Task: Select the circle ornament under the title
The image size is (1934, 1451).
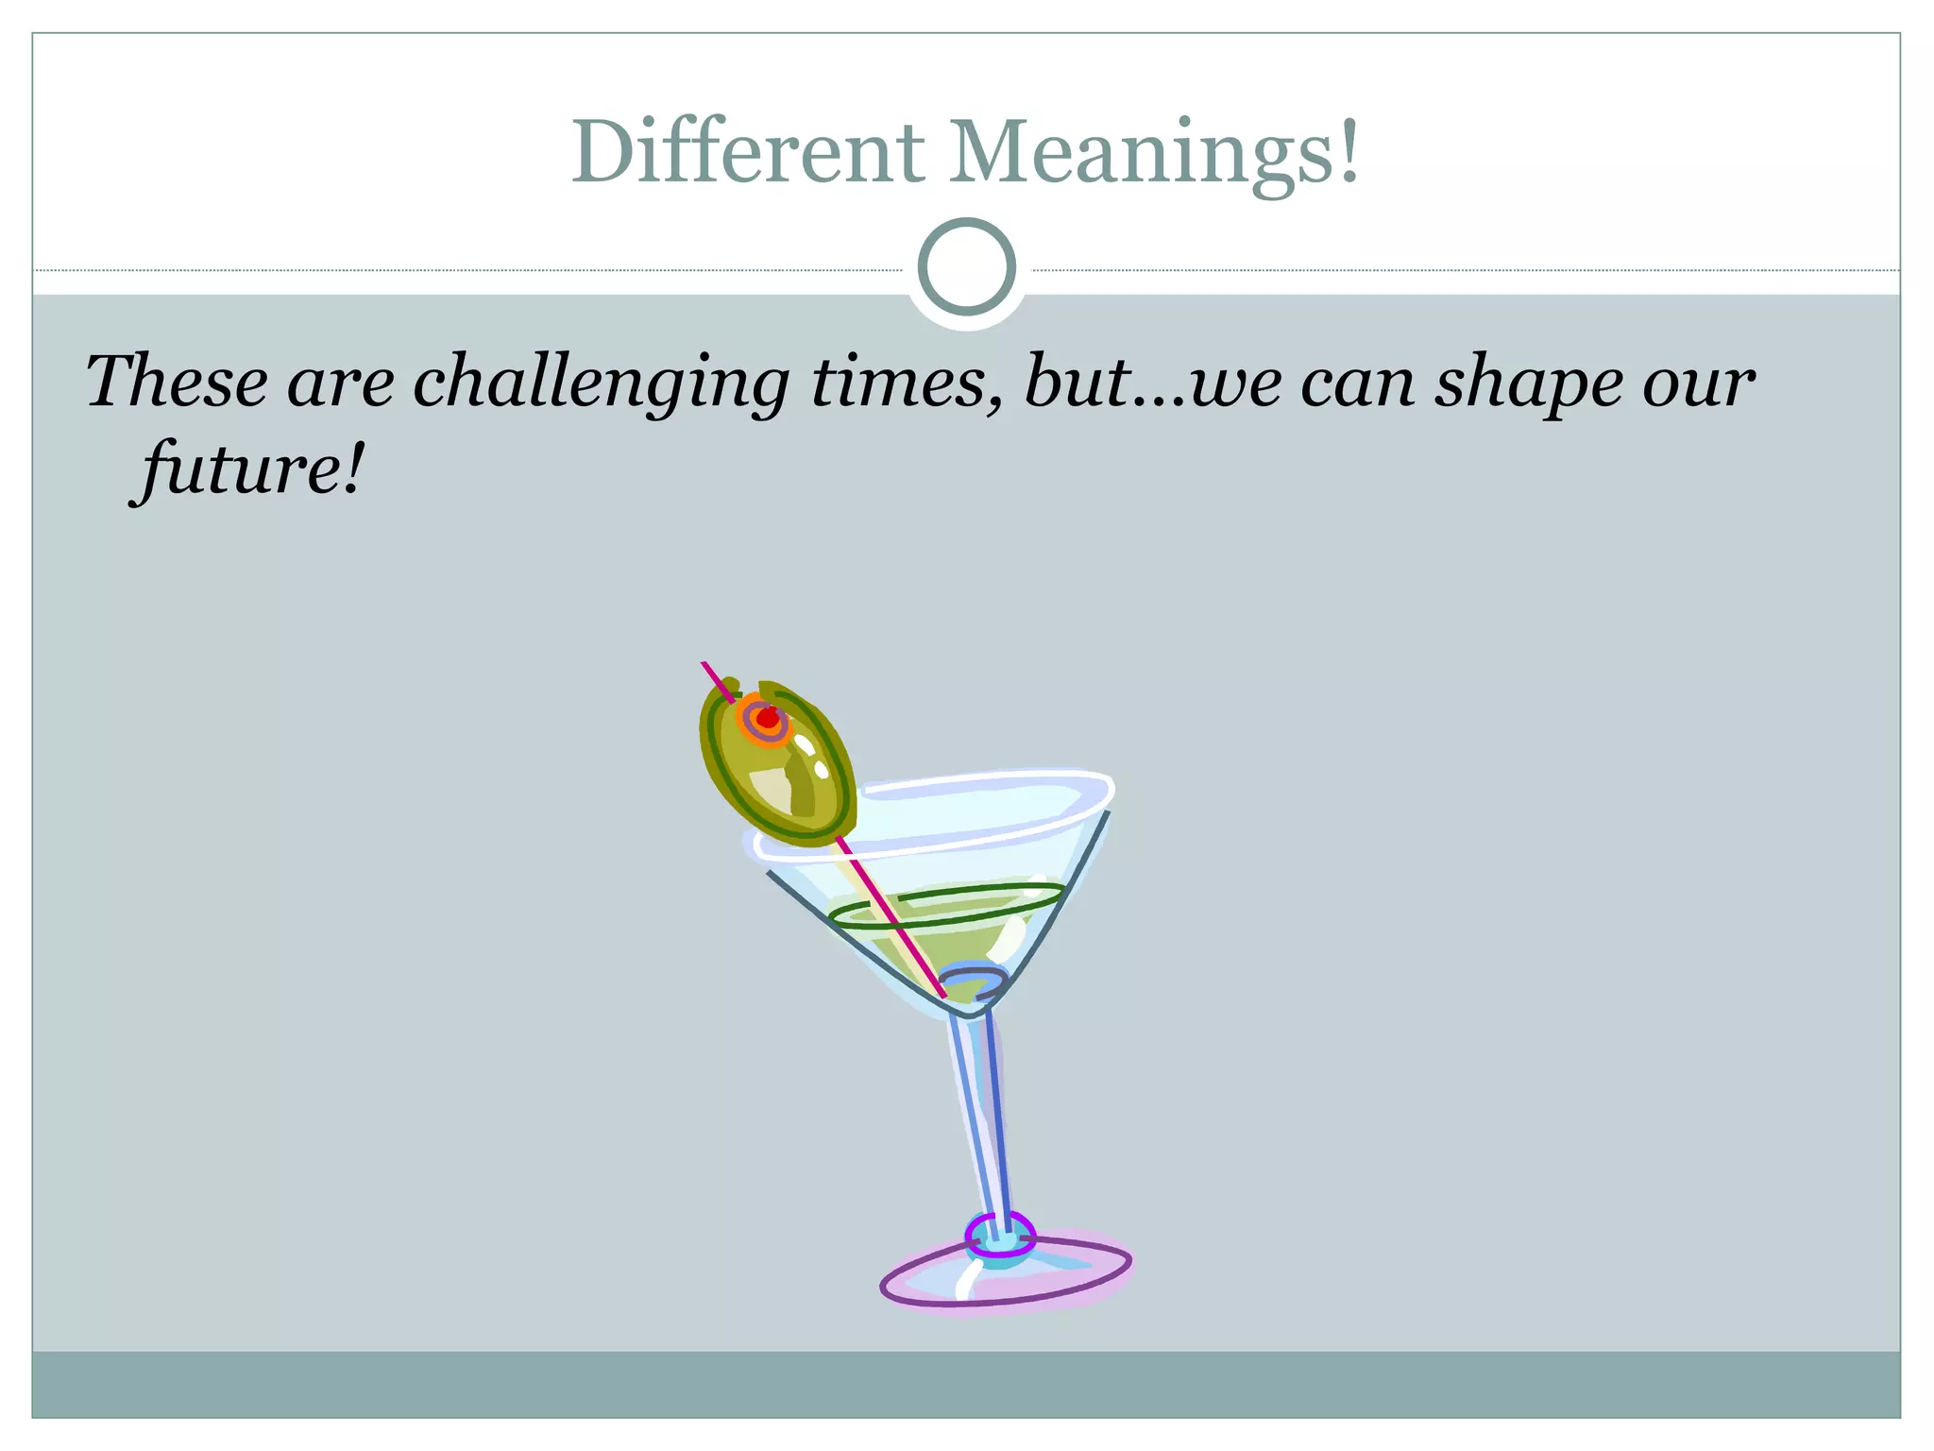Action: pyautogui.click(x=966, y=267)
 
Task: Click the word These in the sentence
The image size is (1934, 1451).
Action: pyautogui.click(x=177, y=382)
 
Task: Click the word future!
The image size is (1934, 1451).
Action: pyautogui.click(x=247, y=469)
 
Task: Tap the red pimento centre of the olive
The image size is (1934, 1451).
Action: pyautogui.click(x=768, y=718)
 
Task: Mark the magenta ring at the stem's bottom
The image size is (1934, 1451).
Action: pyautogui.click(x=999, y=1234)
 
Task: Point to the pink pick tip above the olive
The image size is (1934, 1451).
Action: pyautogui.click(x=713, y=675)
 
